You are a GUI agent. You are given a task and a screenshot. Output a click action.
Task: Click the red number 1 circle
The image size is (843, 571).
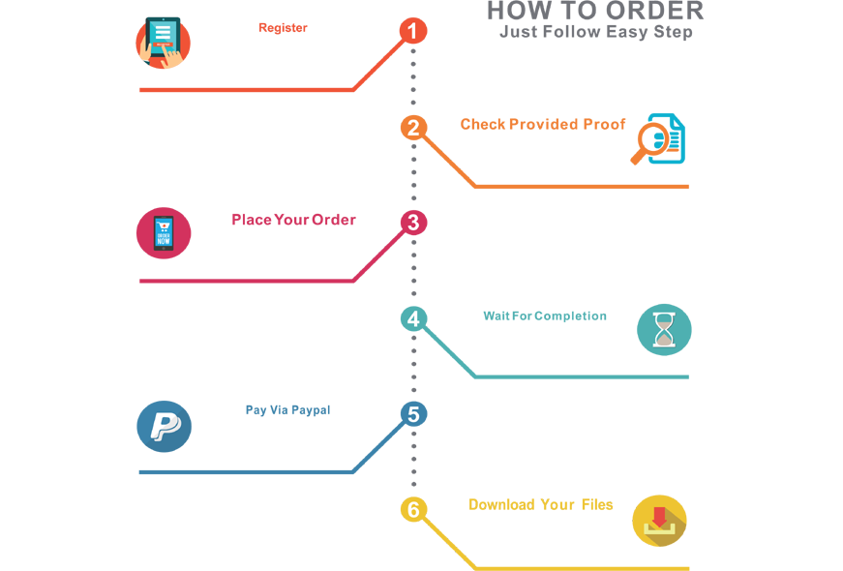coord(413,32)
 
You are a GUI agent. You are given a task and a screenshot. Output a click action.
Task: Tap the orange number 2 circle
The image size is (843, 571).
coord(413,128)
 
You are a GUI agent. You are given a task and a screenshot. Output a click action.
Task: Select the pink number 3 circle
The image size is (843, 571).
coord(413,224)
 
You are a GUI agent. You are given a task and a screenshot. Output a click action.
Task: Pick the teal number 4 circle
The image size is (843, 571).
coord(413,318)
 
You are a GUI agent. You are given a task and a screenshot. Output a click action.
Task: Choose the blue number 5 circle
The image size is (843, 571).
coord(413,414)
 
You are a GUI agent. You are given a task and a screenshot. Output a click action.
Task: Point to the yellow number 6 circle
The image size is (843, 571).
coord(413,509)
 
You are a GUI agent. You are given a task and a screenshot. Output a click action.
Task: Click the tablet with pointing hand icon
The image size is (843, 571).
coord(162,44)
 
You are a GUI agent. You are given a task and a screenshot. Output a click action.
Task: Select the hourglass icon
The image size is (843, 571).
coord(665,330)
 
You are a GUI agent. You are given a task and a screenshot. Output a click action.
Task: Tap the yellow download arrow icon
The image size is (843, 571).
coord(661,520)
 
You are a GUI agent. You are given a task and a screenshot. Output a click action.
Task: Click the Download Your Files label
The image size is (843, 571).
coord(538,504)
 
